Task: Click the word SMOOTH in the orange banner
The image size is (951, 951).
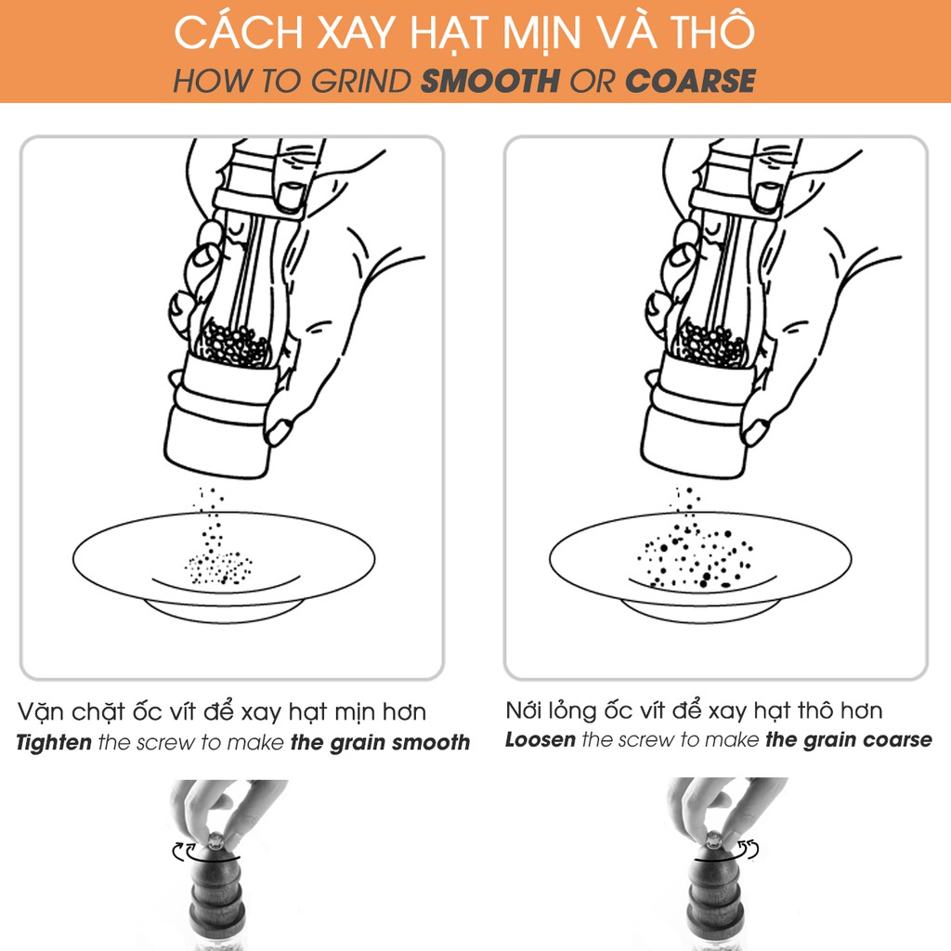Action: click(x=490, y=82)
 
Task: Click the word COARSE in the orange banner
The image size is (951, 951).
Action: click(x=690, y=82)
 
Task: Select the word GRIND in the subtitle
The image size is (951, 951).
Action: click(x=361, y=82)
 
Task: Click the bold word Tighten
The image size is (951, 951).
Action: click(x=54, y=742)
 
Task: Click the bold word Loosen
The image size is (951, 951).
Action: click(x=541, y=740)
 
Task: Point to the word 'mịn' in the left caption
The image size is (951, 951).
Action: click(x=355, y=712)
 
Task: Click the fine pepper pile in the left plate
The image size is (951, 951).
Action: click(x=218, y=568)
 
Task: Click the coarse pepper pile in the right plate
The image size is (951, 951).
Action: click(x=696, y=558)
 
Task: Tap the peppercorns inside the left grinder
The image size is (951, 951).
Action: click(x=233, y=345)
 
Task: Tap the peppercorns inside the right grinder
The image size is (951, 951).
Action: click(x=710, y=345)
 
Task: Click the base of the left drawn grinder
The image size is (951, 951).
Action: click(x=218, y=439)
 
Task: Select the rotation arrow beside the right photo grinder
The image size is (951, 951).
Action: click(x=749, y=849)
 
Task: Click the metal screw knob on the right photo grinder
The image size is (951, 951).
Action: click(x=714, y=840)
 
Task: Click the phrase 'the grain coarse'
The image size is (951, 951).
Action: click(x=849, y=740)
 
